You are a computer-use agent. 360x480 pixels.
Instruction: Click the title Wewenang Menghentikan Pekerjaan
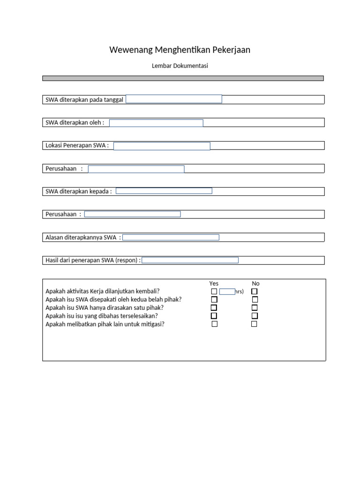[180, 50]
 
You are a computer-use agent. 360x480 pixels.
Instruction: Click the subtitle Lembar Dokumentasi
[180, 66]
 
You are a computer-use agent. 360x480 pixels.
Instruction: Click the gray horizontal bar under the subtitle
[183, 78]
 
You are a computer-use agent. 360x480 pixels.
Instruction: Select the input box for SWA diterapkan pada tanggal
[174, 99]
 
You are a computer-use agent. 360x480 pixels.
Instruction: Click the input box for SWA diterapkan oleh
[156, 123]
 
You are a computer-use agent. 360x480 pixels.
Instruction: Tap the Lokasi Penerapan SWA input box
[162, 146]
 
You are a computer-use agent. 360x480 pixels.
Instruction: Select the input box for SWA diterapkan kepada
[164, 191]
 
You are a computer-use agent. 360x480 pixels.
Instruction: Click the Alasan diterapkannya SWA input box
[171, 237]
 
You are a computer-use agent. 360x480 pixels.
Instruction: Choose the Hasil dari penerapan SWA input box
[190, 260]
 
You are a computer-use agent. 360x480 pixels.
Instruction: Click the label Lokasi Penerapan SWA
[77, 145]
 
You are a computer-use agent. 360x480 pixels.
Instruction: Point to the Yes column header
[214, 284]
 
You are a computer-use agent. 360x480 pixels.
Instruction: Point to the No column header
[255, 284]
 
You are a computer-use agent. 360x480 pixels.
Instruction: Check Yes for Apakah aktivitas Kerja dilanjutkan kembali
[214, 292]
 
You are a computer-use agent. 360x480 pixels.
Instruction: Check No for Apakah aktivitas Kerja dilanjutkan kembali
[255, 292]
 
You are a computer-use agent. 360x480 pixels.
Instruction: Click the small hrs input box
[227, 292]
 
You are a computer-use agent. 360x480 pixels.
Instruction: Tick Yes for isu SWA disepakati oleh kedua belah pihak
[214, 300]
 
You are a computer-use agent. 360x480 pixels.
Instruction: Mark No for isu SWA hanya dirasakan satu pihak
[255, 308]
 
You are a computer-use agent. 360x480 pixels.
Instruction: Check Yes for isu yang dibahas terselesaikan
[214, 316]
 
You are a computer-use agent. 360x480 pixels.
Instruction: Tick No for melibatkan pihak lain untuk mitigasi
[254, 324]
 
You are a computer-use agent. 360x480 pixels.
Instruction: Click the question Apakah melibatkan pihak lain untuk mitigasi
[105, 324]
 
